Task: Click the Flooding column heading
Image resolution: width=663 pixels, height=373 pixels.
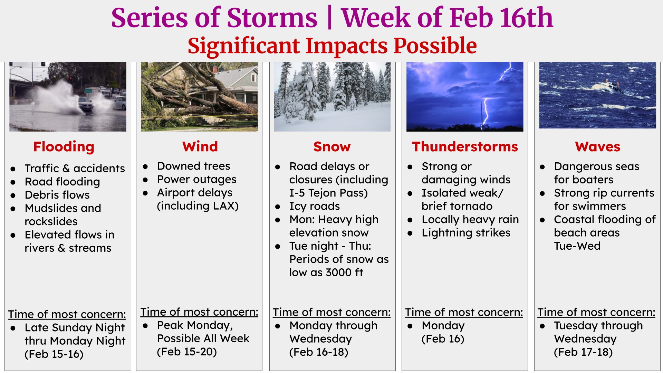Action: click(64, 147)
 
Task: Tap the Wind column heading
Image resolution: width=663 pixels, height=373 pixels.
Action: click(200, 146)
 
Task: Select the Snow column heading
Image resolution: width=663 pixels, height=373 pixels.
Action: click(332, 146)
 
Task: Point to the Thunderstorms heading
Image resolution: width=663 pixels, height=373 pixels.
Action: click(465, 146)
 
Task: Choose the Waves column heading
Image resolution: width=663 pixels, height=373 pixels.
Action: click(597, 146)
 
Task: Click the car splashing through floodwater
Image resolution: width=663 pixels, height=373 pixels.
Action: click(85, 104)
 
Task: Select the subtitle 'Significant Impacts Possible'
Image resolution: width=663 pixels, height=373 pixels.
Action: click(332, 46)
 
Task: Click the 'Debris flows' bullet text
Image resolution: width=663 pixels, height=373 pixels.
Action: click(57, 195)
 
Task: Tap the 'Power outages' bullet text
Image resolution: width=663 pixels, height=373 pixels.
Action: click(196, 179)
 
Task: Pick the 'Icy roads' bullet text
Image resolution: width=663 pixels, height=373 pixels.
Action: click(315, 206)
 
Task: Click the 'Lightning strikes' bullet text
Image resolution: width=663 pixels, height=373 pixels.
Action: click(466, 233)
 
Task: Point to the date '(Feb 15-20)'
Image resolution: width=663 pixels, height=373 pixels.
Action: click(187, 352)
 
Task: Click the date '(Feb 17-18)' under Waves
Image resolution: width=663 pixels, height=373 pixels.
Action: click(583, 352)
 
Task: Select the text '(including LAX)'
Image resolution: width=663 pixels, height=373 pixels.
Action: click(198, 206)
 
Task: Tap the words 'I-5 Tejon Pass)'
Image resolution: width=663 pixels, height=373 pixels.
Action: click(329, 193)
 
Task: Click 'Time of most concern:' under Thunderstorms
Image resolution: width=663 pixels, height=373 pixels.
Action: click(464, 312)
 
